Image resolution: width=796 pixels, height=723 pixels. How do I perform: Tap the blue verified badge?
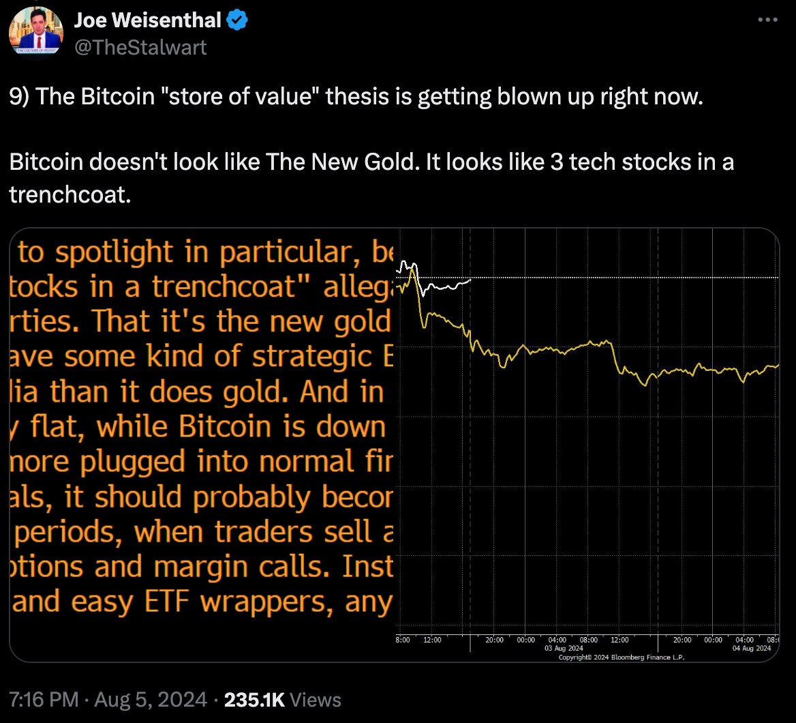pyautogui.click(x=236, y=21)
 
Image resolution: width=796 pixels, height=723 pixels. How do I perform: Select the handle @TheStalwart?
pyautogui.click(x=140, y=46)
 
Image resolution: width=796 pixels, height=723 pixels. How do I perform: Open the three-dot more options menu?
pyautogui.click(x=767, y=21)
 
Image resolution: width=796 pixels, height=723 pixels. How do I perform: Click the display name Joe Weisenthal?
pyautogui.click(x=147, y=21)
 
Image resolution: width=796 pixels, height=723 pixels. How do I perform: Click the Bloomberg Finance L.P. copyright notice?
pyautogui.click(x=621, y=657)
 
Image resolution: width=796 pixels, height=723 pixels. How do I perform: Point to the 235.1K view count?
pyautogui.click(x=254, y=699)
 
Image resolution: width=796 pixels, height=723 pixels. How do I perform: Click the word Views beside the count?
pyautogui.click(x=315, y=699)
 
